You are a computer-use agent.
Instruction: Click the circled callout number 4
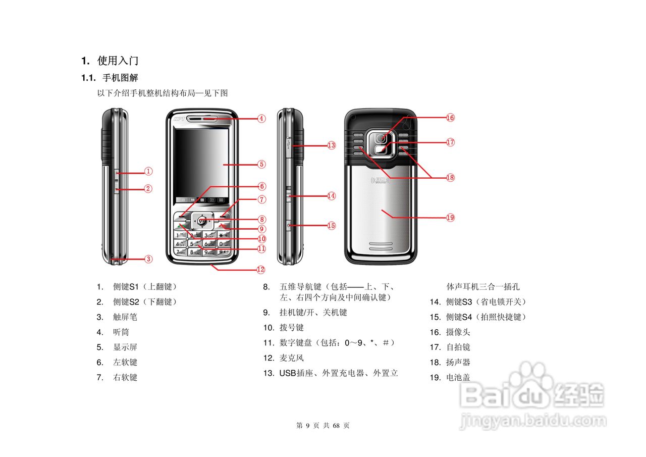pyautogui.click(x=261, y=119)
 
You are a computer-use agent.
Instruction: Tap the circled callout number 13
pyautogui.click(x=331, y=145)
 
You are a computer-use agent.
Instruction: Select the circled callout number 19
pyautogui.click(x=450, y=218)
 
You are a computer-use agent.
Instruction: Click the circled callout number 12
pyautogui.click(x=260, y=270)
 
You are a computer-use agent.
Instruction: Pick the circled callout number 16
pyautogui.click(x=450, y=118)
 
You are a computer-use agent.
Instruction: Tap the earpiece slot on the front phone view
pyautogui.click(x=202, y=119)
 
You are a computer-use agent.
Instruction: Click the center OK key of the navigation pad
pyautogui.click(x=202, y=221)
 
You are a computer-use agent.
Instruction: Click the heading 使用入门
pyautogui.click(x=118, y=61)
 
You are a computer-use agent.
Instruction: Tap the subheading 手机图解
pyautogui.click(x=120, y=78)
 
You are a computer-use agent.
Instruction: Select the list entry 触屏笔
pyautogui.click(x=125, y=317)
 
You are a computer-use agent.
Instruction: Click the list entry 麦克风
pyautogui.click(x=292, y=358)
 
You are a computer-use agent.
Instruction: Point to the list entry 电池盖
pyautogui.click(x=458, y=377)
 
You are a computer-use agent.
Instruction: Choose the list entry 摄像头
pyautogui.click(x=458, y=332)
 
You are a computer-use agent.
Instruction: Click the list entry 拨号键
pyautogui.click(x=292, y=328)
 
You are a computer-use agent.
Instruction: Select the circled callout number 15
pyautogui.click(x=331, y=226)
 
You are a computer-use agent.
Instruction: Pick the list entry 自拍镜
pyautogui.click(x=458, y=347)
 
